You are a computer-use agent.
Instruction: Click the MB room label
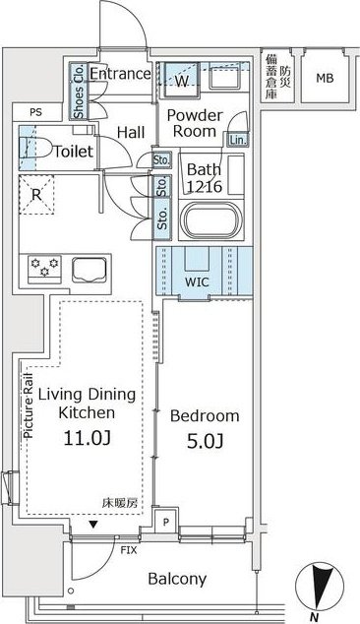[x=325, y=78]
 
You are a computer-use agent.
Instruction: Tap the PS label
[x=35, y=112]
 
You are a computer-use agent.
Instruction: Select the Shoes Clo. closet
[x=78, y=92]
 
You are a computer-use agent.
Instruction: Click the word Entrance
[x=120, y=74]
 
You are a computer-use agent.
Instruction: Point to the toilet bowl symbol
[x=35, y=148]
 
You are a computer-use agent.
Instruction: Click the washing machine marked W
[x=181, y=80]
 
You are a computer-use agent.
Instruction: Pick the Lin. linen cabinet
[x=238, y=140]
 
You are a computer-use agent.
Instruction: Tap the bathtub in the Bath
[x=210, y=221]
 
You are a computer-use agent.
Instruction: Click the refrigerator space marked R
[x=36, y=195]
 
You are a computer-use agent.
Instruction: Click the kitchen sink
[x=90, y=270]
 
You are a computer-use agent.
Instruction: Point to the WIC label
[x=197, y=281]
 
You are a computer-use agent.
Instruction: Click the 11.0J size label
[x=88, y=438]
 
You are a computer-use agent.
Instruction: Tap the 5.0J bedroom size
[x=205, y=441]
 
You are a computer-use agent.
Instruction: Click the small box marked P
[x=166, y=522]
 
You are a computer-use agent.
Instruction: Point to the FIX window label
[x=129, y=550]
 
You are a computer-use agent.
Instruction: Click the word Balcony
[x=177, y=579]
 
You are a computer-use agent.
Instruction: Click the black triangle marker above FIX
[x=93, y=525]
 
